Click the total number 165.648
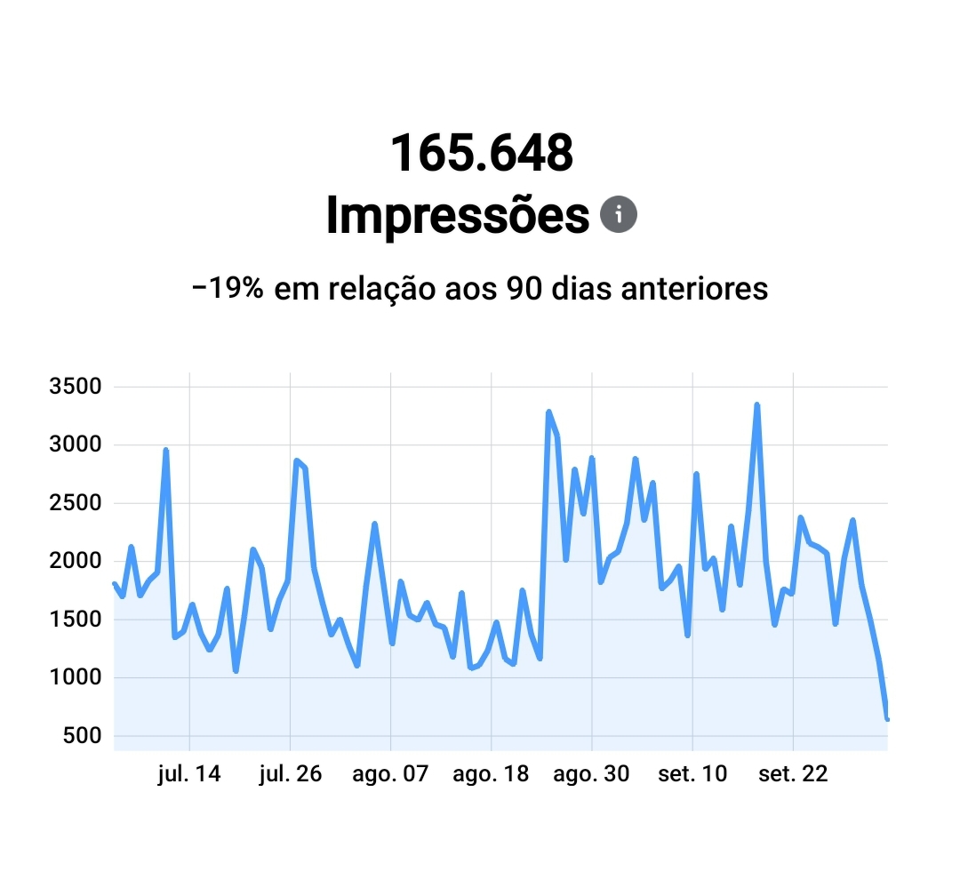click(x=481, y=153)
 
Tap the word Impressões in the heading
click(x=457, y=215)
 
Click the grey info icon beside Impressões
click(x=619, y=214)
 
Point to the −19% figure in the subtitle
click(x=227, y=289)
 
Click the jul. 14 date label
click(x=188, y=774)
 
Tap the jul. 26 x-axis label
click(x=290, y=774)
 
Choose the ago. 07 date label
click(x=390, y=774)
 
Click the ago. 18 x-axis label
click(x=491, y=774)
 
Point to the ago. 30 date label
click(x=591, y=774)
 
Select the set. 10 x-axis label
click(x=692, y=774)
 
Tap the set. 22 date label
click(x=793, y=774)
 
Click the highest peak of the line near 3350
click(x=756, y=405)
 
